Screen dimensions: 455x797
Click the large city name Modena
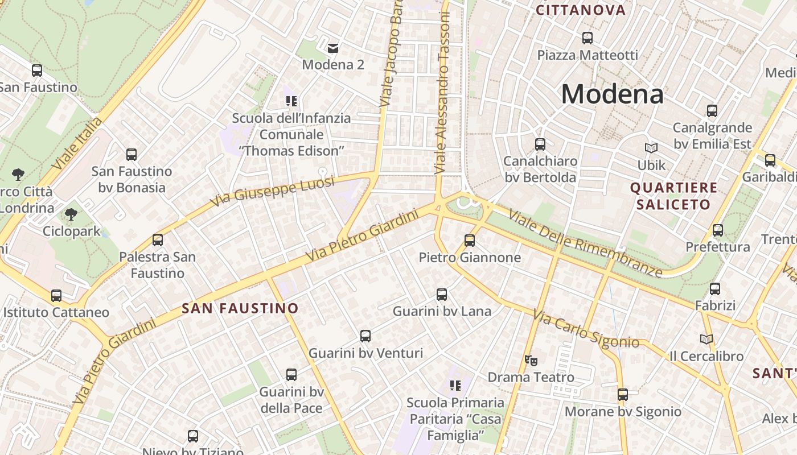[x=613, y=94]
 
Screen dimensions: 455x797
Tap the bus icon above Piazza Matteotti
[x=588, y=38]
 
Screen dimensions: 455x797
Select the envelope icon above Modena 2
[x=333, y=48]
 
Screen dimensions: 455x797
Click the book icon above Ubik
[x=651, y=148]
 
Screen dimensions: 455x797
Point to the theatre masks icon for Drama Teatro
[x=531, y=360]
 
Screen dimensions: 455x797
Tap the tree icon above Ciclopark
[x=71, y=214]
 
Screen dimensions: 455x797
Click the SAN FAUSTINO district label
[x=240, y=309]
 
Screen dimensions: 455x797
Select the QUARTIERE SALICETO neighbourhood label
[x=674, y=196]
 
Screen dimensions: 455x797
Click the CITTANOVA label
[x=581, y=10]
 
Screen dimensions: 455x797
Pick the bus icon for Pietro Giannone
[x=470, y=241]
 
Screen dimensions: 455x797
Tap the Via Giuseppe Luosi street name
[x=264, y=191]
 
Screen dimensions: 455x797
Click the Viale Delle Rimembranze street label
[x=585, y=243]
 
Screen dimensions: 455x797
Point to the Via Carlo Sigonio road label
[x=586, y=329]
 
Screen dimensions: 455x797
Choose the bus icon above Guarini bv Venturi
[x=365, y=336]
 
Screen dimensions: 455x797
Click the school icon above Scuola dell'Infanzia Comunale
[x=291, y=102]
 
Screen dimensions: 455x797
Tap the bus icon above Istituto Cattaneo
[x=56, y=296]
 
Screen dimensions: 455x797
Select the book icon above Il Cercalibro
[x=706, y=339]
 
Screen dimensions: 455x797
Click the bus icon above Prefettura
[x=718, y=230]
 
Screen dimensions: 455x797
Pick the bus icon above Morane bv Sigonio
[x=623, y=394]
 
